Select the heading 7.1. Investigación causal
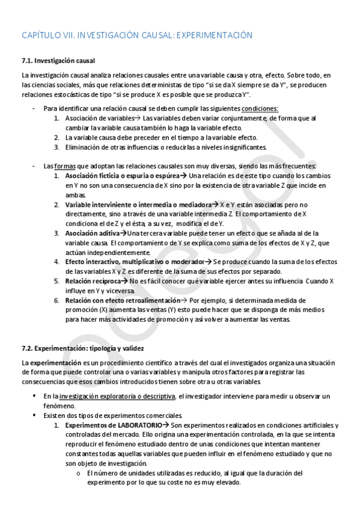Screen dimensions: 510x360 click(58, 61)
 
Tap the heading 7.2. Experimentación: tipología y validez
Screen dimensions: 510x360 click(83, 348)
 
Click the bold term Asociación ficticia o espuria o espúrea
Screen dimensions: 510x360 click(121, 176)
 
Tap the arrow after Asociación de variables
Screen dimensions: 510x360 click(138, 118)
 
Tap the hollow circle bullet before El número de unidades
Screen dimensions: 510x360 click(79, 473)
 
